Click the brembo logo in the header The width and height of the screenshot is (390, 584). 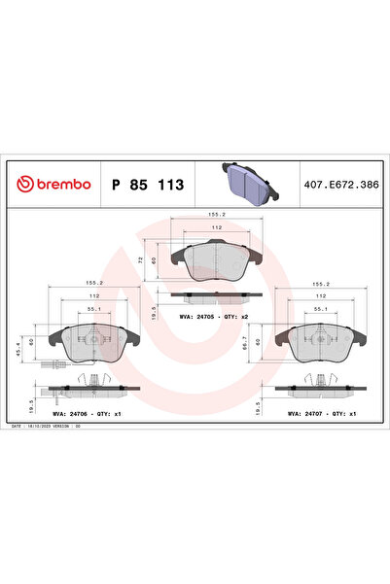[51, 183]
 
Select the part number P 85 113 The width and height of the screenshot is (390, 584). [148, 183]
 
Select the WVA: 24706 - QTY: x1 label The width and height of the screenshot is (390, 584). [88, 414]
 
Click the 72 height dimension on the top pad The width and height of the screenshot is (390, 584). [142, 260]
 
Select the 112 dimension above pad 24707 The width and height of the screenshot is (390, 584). [320, 297]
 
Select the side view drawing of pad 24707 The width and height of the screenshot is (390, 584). [322, 388]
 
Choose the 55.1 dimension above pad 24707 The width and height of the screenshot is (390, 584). [320, 309]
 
